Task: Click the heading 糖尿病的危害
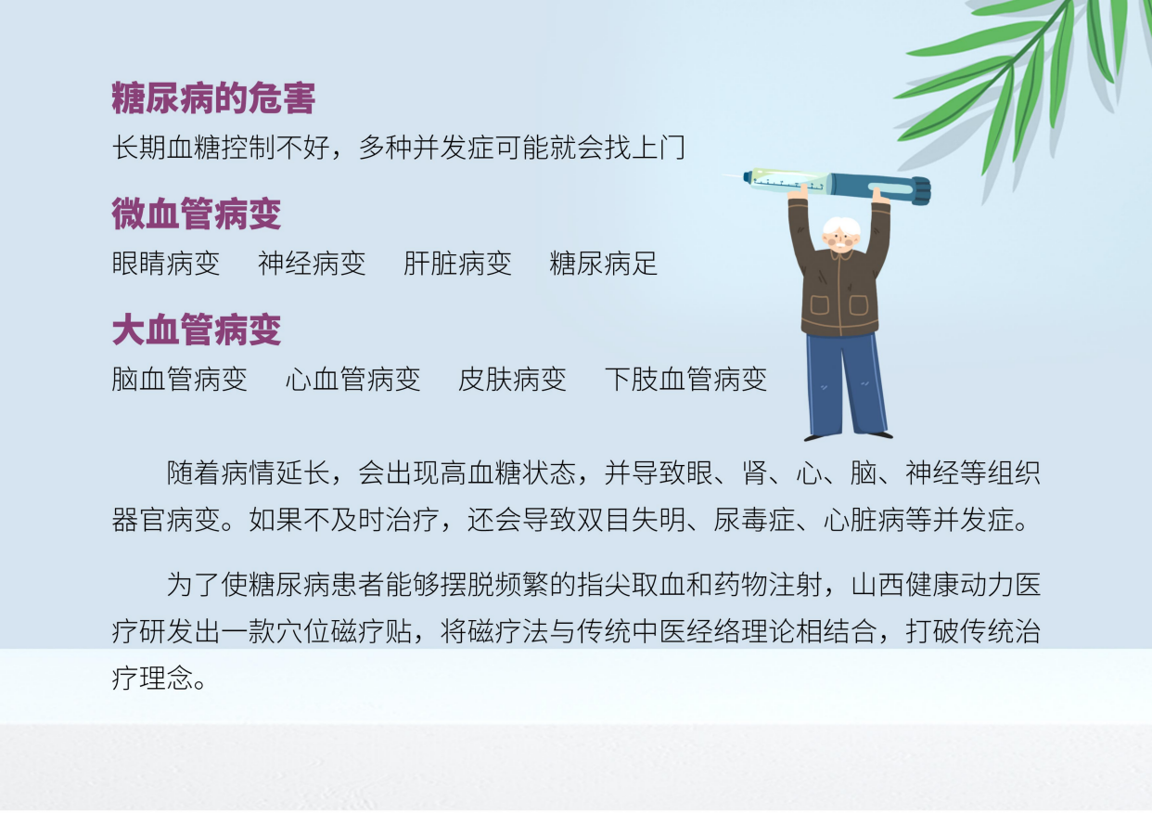tap(213, 97)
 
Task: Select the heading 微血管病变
tap(197, 213)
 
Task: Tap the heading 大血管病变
tap(197, 330)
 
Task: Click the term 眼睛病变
tap(166, 264)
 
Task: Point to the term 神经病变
tap(312, 264)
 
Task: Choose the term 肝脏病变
tap(457, 264)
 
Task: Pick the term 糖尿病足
tap(603, 264)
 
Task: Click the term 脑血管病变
tap(180, 380)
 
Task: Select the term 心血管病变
tap(352, 380)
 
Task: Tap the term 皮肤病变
tap(512, 380)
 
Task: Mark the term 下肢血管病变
tap(685, 380)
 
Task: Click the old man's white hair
tap(841, 226)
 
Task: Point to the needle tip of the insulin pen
tap(723, 175)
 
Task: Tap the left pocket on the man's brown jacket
tap(819, 304)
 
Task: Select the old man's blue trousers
tap(847, 385)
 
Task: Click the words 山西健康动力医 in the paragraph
tap(946, 585)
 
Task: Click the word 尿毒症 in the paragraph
tap(754, 519)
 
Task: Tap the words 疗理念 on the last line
tap(152, 679)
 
